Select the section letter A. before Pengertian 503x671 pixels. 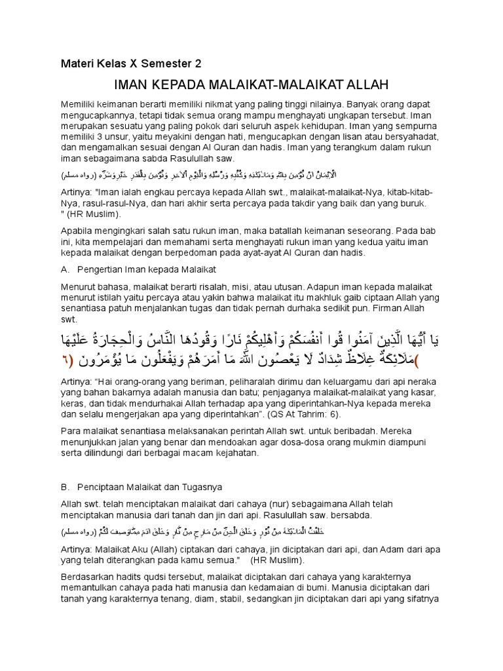(x=65, y=269)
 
